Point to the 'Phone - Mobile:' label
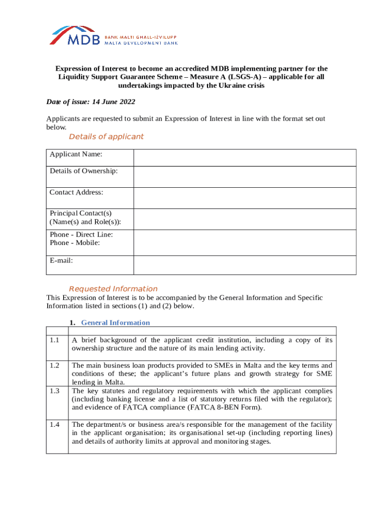coord(75,243)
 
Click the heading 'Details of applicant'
coord(106,136)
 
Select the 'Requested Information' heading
coord(113,288)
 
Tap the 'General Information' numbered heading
coord(115,322)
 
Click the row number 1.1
coord(55,340)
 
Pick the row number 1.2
coord(55,366)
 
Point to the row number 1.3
coord(55,391)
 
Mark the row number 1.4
coord(55,424)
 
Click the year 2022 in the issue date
coord(126,102)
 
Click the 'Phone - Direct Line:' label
coord(81,235)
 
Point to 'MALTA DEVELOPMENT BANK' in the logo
coord(140,43)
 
